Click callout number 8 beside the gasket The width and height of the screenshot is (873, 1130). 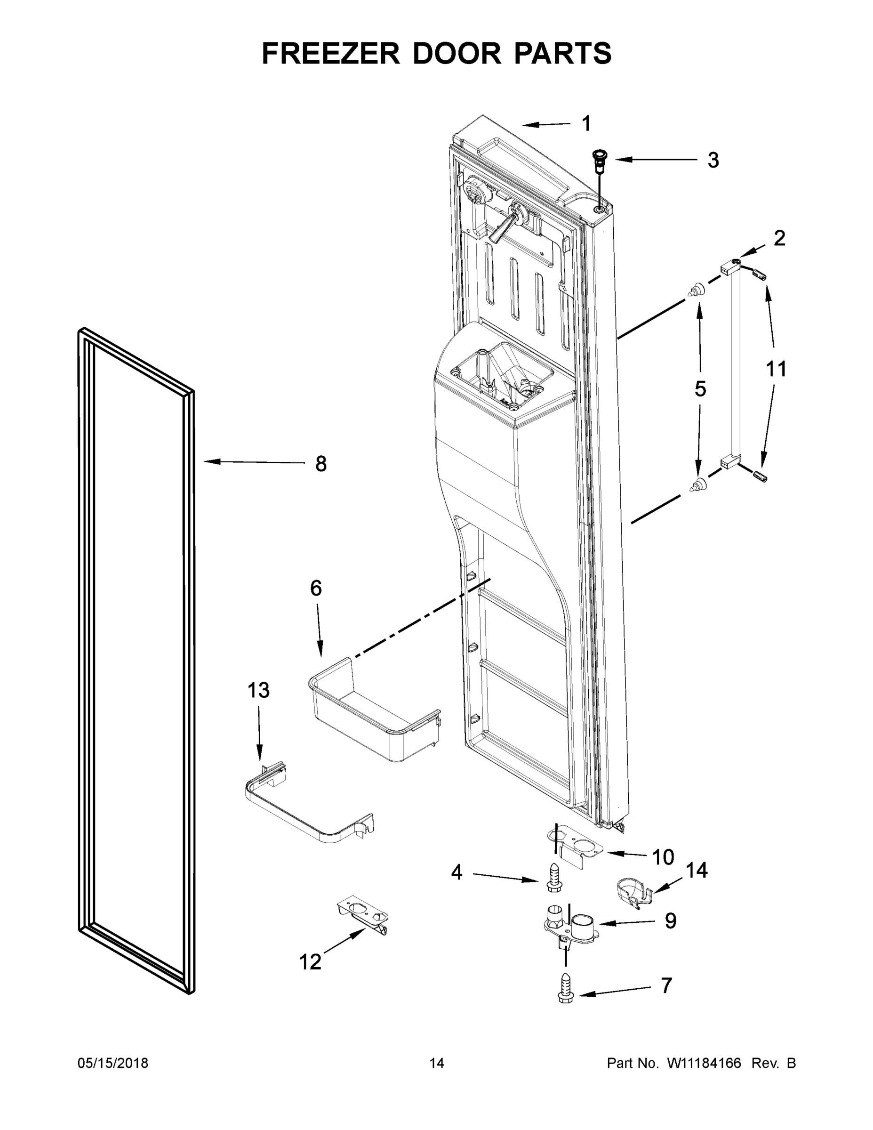pos(320,464)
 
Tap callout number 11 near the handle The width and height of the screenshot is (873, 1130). pos(776,369)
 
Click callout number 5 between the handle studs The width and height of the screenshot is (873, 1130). pos(700,388)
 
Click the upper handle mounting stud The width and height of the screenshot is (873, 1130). pos(697,289)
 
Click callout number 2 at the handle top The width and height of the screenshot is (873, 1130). pos(779,238)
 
